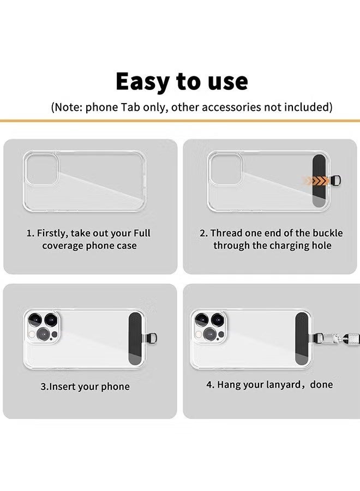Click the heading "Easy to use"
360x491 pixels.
tap(182, 81)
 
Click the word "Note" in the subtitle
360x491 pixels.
tap(68, 107)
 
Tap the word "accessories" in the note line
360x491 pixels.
tap(232, 107)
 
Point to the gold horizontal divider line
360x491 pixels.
tap(180, 120)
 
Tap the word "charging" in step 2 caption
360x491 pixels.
tap(284, 245)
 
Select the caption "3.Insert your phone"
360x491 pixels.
tap(85, 387)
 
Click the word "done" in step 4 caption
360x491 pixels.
tap(321, 385)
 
